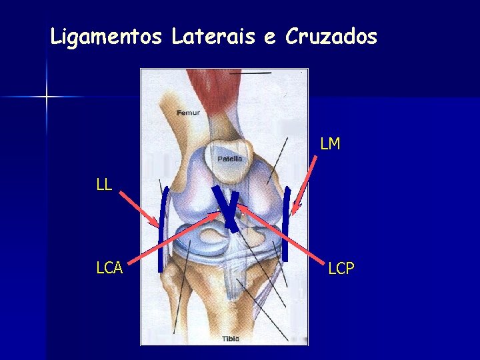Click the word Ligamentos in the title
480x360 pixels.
pyautogui.click(x=106, y=37)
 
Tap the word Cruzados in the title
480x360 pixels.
pyautogui.click(x=331, y=37)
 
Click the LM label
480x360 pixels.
pyautogui.click(x=330, y=143)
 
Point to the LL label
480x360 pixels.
pyautogui.click(x=103, y=185)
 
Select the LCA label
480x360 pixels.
pyautogui.click(x=109, y=268)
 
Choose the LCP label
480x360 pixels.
pyautogui.click(x=341, y=268)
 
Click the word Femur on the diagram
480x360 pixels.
pyautogui.click(x=188, y=113)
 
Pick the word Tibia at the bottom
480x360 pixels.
pyautogui.click(x=231, y=339)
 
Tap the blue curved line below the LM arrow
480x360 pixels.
pyautogui.click(x=287, y=223)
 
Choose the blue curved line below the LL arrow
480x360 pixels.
pyautogui.click(x=163, y=230)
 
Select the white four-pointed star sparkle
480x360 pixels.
pyautogui.click(x=47, y=97)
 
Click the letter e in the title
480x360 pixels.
pyautogui.click(x=269, y=37)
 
